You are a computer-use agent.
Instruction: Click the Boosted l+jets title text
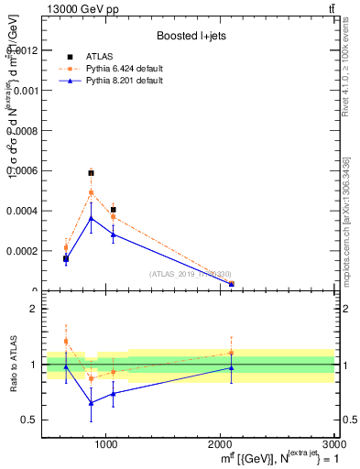(x=191, y=36)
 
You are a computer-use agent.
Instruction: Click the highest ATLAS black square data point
(x=91, y=172)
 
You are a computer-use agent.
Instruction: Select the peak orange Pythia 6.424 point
(x=91, y=192)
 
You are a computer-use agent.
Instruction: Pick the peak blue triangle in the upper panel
(x=91, y=218)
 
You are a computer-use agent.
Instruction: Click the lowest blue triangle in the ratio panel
(x=91, y=403)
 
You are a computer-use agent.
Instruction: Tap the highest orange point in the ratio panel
(x=66, y=341)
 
